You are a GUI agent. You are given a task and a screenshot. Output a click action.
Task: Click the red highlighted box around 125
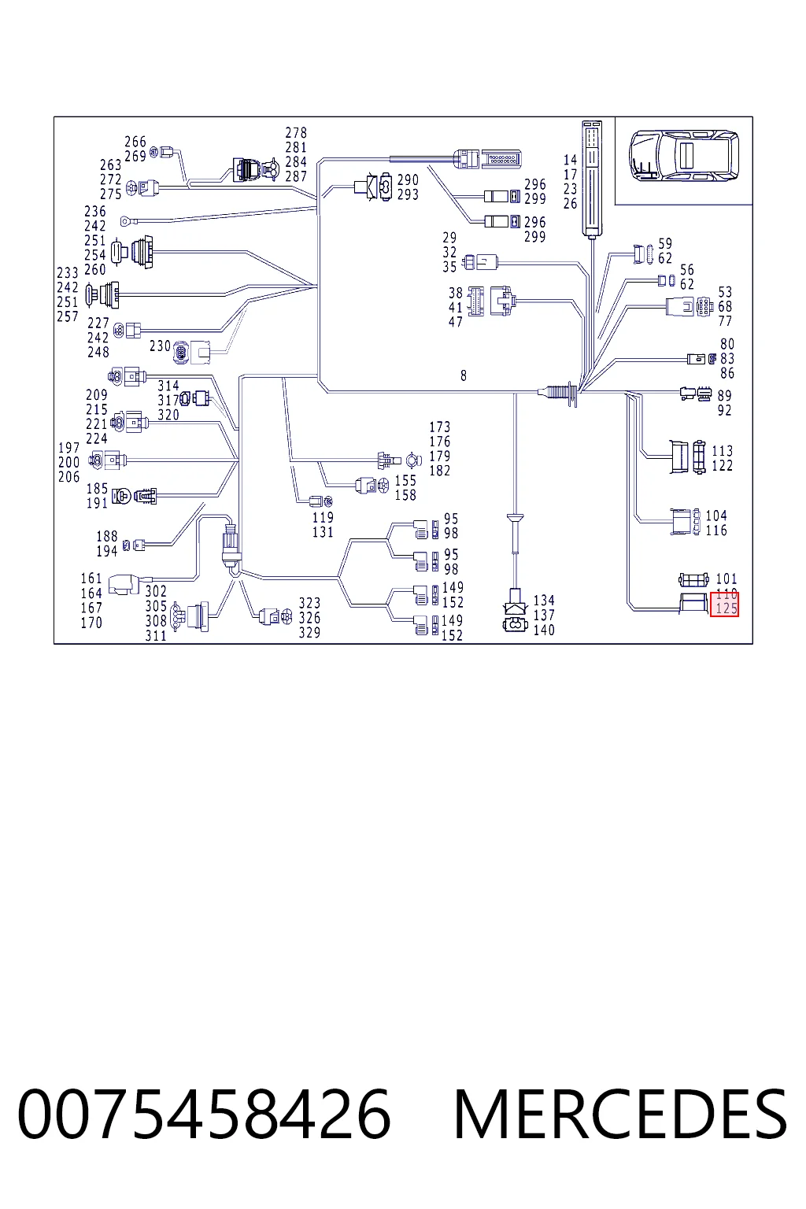point(724,604)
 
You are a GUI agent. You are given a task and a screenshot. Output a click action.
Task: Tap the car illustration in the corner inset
point(683,155)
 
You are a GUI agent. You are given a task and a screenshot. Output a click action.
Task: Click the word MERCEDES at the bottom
point(620,1114)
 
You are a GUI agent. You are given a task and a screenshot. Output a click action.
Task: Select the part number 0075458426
point(204,1114)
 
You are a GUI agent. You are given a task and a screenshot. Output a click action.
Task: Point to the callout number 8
point(463,375)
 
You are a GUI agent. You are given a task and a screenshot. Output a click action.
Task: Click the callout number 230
point(160,346)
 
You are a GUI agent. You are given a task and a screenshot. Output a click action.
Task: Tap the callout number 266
point(135,142)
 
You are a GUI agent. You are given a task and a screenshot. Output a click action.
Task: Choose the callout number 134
point(544,601)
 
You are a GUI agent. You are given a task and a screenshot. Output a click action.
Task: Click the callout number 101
point(726,579)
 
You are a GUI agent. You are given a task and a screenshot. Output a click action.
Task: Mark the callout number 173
point(439,427)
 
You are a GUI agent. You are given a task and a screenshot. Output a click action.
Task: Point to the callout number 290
point(408,179)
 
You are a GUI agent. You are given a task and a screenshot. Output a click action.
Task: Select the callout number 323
point(309,603)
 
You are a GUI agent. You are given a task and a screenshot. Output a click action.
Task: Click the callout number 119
point(323,518)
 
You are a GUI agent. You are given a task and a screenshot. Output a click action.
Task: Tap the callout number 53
point(724,293)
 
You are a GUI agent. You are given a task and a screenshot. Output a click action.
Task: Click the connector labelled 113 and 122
point(688,457)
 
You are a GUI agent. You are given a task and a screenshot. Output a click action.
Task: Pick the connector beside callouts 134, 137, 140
point(515,611)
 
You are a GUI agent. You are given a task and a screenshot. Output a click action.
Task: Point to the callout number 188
point(106,537)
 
